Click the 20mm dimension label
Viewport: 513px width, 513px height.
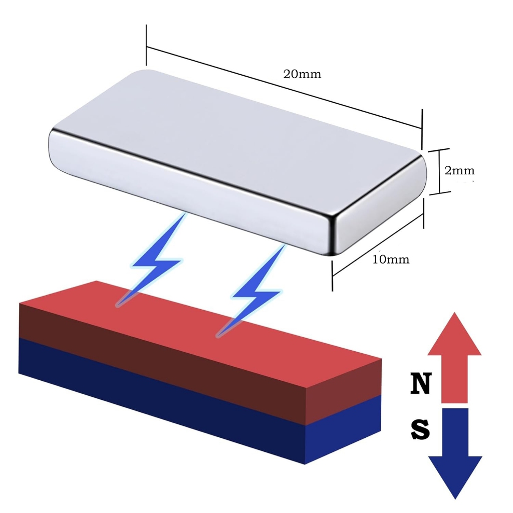coord(302,74)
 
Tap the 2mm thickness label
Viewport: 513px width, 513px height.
coord(459,170)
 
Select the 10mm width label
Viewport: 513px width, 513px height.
coord(391,259)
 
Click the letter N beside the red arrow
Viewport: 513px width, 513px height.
coord(421,383)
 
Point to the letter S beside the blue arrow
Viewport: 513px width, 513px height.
coord(420,429)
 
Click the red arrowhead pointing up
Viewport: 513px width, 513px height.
coord(454,334)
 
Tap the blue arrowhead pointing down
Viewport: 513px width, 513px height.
coord(455,477)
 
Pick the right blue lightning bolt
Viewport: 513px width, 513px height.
coord(251,291)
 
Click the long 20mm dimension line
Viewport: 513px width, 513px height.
coord(284,88)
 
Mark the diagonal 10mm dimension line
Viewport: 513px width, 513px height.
coord(378,244)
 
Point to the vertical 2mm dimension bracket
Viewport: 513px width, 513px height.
coord(440,172)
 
